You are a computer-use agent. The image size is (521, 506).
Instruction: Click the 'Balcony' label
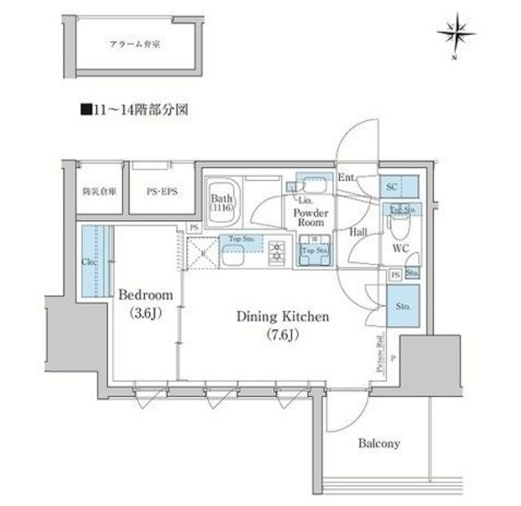(x=379, y=444)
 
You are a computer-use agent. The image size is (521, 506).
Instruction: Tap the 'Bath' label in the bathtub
(x=222, y=198)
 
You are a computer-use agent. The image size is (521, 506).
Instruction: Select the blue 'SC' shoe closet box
(x=399, y=187)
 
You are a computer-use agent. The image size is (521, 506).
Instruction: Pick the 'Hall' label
(x=358, y=232)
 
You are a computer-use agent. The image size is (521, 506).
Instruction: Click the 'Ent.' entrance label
(x=346, y=178)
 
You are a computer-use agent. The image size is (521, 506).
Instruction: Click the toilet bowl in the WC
(x=397, y=223)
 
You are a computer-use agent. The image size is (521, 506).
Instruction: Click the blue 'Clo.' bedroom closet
(x=88, y=262)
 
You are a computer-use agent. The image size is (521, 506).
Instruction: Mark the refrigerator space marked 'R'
(x=203, y=252)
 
